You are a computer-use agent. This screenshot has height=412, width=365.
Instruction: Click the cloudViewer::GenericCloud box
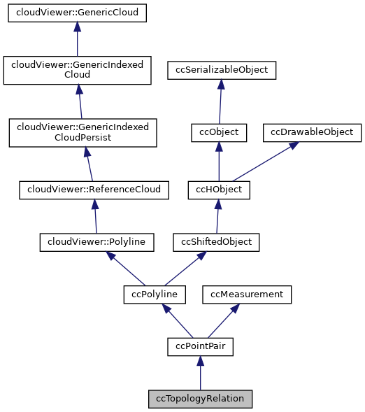tap(78, 13)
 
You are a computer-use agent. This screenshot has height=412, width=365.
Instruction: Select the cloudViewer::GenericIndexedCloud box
tap(78, 69)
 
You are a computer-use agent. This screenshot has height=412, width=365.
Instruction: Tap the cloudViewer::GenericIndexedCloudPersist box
tap(83, 132)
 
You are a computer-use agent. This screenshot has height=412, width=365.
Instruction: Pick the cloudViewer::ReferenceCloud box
tap(94, 189)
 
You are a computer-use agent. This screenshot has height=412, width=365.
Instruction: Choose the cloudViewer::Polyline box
tap(96, 242)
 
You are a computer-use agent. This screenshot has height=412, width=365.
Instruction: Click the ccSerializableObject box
tap(222, 70)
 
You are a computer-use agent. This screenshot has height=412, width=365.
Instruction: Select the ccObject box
tap(219, 132)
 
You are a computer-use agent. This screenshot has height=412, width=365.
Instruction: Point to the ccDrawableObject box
tap(312, 132)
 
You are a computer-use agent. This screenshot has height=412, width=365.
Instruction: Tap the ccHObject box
tap(218, 189)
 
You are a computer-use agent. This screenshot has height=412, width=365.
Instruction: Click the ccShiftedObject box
tap(217, 242)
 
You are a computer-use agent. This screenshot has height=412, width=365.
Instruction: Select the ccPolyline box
tap(155, 294)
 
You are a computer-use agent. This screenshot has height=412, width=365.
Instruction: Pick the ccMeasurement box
tap(247, 294)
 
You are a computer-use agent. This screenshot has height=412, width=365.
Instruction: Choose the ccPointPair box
tap(200, 346)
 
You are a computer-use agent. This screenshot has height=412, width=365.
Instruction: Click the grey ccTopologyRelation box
tap(200, 399)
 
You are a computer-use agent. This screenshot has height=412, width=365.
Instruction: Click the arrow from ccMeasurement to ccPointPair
tap(223, 320)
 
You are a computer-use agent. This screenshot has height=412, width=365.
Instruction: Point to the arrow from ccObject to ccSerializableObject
tap(220, 101)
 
